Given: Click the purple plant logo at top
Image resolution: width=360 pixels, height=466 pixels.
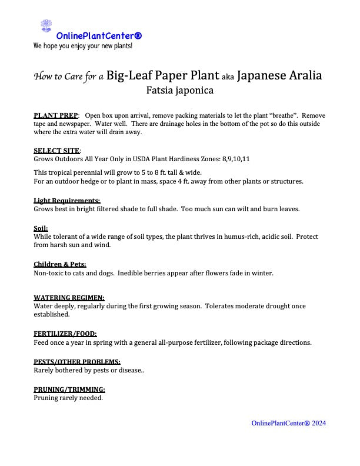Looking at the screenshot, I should [x=46, y=26].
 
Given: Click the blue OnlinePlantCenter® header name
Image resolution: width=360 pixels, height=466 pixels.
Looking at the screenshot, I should [x=99, y=36].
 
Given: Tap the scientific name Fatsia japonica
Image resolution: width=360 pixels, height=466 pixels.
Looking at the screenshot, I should [x=179, y=91].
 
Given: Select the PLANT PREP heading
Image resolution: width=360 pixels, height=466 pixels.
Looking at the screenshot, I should [x=56, y=115].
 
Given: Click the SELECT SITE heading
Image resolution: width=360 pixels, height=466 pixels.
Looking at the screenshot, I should [x=56, y=151].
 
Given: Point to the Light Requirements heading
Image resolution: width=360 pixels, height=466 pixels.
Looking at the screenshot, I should [x=66, y=201].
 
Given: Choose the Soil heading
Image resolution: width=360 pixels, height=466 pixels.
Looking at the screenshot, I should [x=41, y=228].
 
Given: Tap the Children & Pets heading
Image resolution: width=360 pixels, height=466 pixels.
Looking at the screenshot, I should [x=59, y=265].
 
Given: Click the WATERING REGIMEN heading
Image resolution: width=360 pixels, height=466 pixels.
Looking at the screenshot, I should [x=69, y=298].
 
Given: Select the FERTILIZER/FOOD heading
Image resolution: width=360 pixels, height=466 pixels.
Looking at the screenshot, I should [x=65, y=334].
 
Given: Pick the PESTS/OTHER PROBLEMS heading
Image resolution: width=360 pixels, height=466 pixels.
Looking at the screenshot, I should [x=77, y=361].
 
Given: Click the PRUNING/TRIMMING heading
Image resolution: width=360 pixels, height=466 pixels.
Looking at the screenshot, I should [x=69, y=390].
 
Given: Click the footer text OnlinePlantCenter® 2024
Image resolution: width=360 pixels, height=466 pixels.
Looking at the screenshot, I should [x=288, y=423].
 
